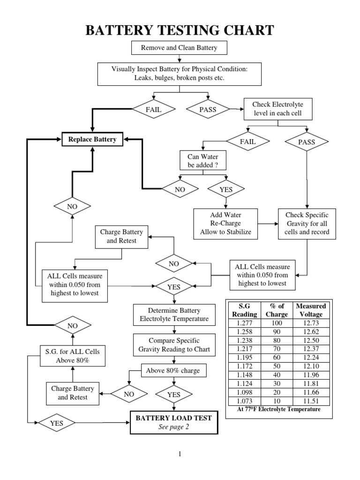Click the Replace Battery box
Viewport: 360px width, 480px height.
92,139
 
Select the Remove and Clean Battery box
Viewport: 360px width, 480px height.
180,47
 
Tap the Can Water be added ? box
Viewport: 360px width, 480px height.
203,160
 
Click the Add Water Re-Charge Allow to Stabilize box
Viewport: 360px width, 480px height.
225,223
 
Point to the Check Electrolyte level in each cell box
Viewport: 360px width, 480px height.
277,108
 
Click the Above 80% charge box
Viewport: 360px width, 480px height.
173,370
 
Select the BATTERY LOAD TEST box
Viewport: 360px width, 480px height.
173,422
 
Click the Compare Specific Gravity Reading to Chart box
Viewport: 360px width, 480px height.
174,345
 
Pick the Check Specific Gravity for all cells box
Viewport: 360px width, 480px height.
307,223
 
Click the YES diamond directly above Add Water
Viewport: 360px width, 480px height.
225,189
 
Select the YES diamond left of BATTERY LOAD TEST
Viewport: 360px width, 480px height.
57,423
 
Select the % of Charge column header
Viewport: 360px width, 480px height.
277,310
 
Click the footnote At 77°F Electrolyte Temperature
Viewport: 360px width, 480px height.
279,409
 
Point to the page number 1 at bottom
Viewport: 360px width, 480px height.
180,454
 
